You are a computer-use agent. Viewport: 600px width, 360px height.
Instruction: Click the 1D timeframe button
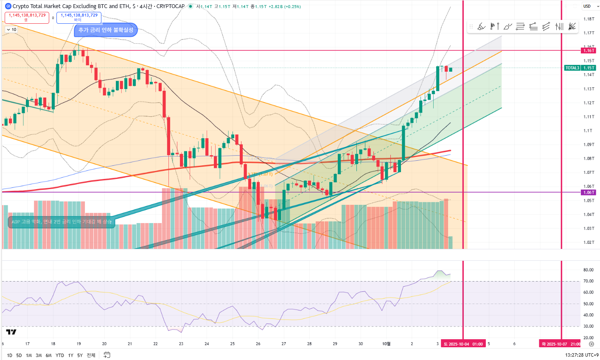[x=9, y=355]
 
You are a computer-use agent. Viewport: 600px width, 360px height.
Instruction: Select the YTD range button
[x=60, y=355]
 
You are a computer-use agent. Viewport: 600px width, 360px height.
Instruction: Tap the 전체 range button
[x=91, y=355]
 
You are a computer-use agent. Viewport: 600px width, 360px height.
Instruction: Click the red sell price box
[x=27, y=17]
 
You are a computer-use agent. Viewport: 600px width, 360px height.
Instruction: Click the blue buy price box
[x=79, y=17]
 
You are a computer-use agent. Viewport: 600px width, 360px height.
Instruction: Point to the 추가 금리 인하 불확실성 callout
[x=106, y=30]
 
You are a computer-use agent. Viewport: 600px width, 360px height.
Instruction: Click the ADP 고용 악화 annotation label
[x=62, y=222]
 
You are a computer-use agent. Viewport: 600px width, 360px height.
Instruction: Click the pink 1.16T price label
[x=589, y=50]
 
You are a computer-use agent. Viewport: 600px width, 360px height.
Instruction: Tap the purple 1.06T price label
[x=589, y=193]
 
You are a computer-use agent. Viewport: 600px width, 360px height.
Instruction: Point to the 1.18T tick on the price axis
[x=589, y=19]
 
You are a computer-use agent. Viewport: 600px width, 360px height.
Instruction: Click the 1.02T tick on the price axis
[x=589, y=243]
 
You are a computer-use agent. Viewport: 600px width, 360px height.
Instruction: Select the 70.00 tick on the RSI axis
[x=588, y=281]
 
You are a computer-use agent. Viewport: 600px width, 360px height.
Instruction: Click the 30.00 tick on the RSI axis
[x=588, y=327]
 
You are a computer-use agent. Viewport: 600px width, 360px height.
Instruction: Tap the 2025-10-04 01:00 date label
[x=463, y=344]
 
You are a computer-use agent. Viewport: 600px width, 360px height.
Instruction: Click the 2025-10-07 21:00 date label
[x=561, y=344]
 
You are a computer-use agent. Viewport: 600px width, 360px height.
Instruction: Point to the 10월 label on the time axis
[x=386, y=344]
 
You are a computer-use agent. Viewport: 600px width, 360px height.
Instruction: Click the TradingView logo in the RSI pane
[x=11, y=332]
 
